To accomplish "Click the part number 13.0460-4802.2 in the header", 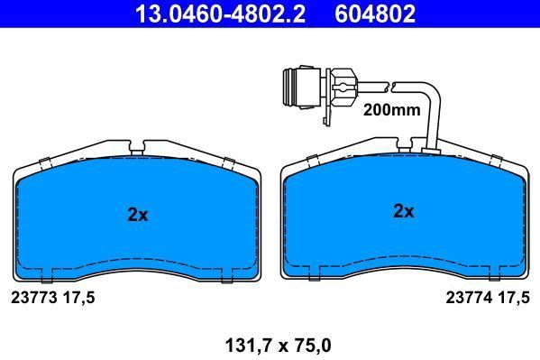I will [x=206, y=13].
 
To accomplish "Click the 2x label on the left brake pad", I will [x=137, y=215].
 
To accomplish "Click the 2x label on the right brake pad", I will [x=403, y=211].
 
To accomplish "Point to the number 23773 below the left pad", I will [x=32, y=296].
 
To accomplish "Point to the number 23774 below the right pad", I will [x=468, y=296].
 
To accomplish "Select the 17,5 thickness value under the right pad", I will [x=511, y=296].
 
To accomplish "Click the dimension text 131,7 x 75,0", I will [x=270, y=345].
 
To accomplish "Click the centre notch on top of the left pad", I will [x=137, y=144].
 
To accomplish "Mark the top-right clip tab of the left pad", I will [x=228, y=163].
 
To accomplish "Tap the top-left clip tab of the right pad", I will [x=312, y=162].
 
